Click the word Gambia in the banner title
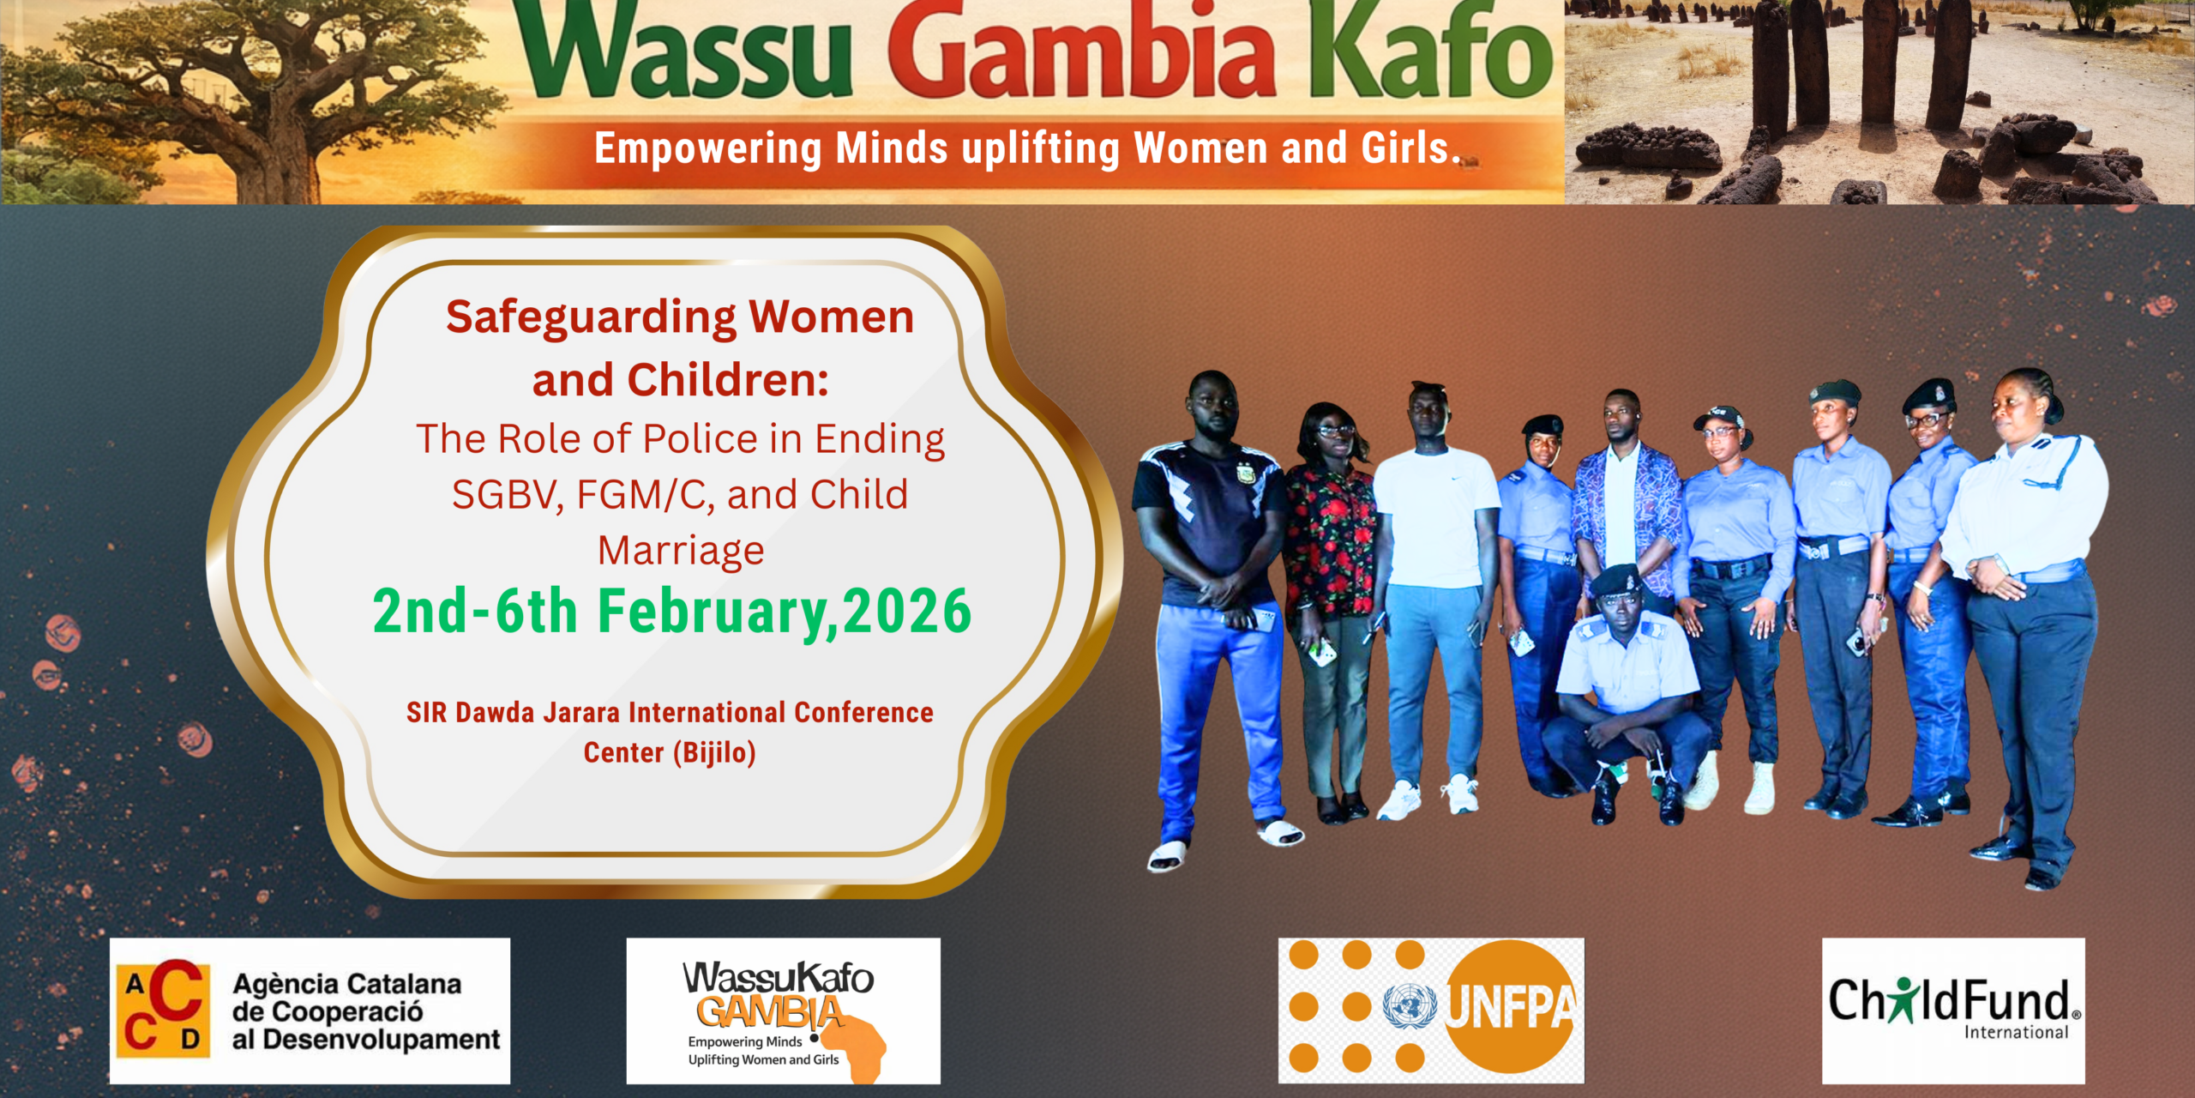pyautogui.click(x=1083, y=51)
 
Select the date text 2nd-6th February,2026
pyautogui.click(x=672, y=612)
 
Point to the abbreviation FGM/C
pyautogui.click(x=645, y=495)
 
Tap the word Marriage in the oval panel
pyautogui.click(x=681, y=552)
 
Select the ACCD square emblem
pyautogui.click(x=163, y=1009)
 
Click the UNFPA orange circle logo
pyautogui.click(x=1511, y=1006)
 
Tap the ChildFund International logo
pyautogui.click(x=1953, y=1010)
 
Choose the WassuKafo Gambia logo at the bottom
pyautogui.click(x=783, y=1011)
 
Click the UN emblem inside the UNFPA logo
pyautogui.click(x=1410, y=1006)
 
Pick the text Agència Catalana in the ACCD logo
pyautogui.click(x=347, y=984)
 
